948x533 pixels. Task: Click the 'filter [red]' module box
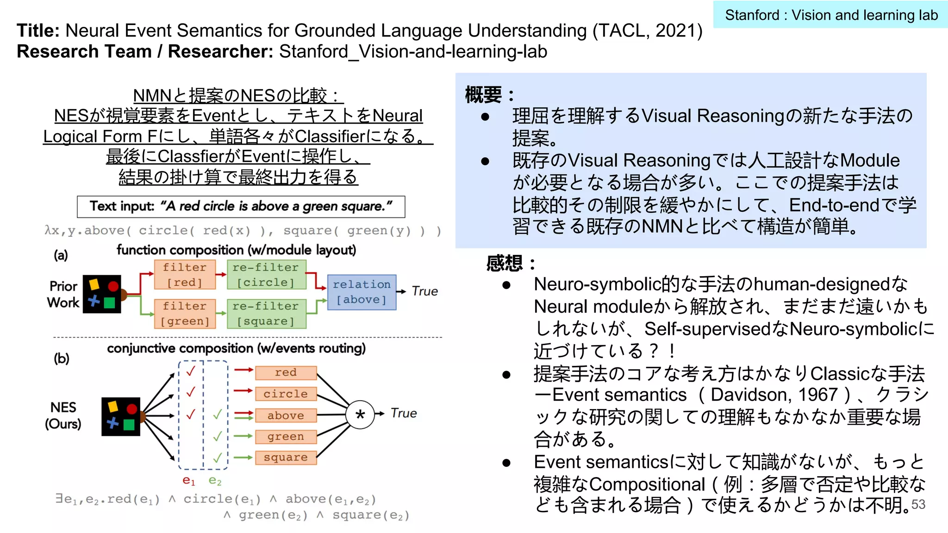[x=185, y=274]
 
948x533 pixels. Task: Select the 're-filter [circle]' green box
[x=266, y=274]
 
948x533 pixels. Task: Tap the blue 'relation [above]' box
[x=362, y=292]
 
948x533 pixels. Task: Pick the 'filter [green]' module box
[x=185, y=313]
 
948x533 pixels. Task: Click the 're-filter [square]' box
[x=266, y=313]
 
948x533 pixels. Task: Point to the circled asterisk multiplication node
[x=360, y=414]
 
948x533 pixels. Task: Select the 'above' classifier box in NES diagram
[x=286, y=415]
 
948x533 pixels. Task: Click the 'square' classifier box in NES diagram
[x=286, y=458]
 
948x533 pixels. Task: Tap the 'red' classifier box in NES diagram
[x=286, y=372]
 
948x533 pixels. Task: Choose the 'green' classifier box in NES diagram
[x=286, y=436]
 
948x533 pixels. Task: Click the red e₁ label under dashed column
[x=189, y=481]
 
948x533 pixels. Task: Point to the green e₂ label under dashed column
[x=215, y=481]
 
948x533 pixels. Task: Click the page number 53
[x=918, y=504]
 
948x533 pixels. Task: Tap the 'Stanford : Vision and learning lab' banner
[x=831, y=15]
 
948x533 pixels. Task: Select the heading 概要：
[x=489, y=95]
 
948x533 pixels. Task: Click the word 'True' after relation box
[x=424, y=291]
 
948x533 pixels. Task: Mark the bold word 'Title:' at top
[x=38, y=31]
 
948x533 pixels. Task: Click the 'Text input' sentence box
[x=241, y=206]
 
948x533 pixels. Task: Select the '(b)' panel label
[x=62, y=359]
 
